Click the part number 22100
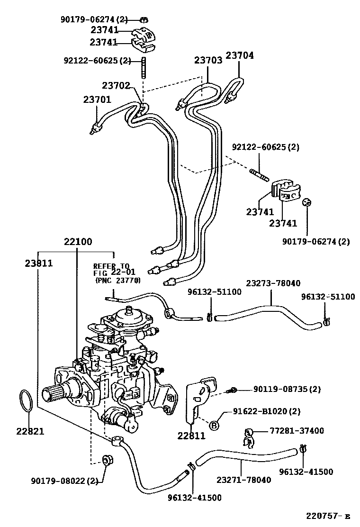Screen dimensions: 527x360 pyautogui.click(x=78, y=242)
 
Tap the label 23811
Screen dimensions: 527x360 pyautogui.click(x=38, y=263)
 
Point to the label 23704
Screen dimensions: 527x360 pyautogui.click(x=239, y=55)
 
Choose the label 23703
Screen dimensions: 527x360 pyautogui.click(x=208, y=60)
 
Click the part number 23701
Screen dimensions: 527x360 pyautogui.click(x=97, y=100)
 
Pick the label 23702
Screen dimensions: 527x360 pyautogui.click(x=116, y=85)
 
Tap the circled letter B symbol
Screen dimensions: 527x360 pyautogui.click(x=214, y=425)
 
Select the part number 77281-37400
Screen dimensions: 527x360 pyautogui.click(x=297, y=431)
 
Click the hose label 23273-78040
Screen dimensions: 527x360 pyautogui.click(x=273, y=283)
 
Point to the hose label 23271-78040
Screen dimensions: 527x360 pyautogui.click(x=244, y=480)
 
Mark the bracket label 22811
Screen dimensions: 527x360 pyautogui.click(x=191, y=436)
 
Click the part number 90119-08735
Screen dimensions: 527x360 pyautogui.click(x=287, y=390)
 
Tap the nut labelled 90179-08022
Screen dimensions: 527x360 pyautogui.click(x=107, y=459)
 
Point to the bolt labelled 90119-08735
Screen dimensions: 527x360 pyautogui.click(x=233, y=391)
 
